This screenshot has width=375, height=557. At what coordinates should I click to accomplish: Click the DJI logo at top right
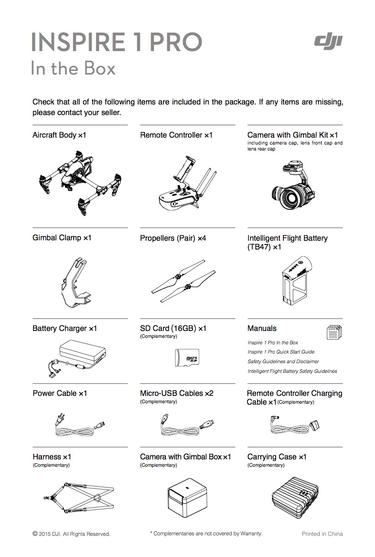[x=328, y=42]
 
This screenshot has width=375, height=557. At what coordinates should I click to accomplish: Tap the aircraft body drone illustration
[x=80, y=182]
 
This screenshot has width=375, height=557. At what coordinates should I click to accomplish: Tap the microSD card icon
[x=187, y=358]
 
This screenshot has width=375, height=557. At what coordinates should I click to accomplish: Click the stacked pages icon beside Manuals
[x=334, y=332]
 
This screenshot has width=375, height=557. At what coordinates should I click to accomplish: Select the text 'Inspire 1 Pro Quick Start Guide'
[x=281, y=352]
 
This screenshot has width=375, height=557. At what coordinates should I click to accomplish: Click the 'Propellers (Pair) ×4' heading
[x=173, y=238]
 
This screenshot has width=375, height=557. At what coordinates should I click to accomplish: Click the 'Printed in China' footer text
[x=322, y=534]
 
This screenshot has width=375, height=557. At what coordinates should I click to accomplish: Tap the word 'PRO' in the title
[x=176, y=42]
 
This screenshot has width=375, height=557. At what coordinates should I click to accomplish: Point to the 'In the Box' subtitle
[x=73, y=69]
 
